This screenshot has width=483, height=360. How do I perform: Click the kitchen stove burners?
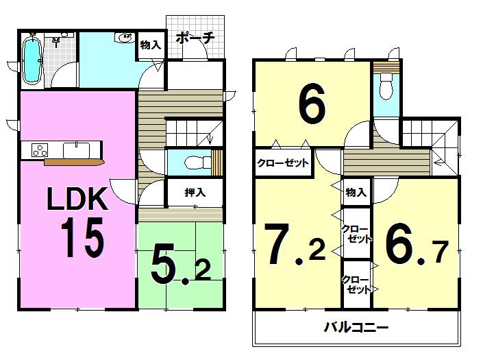[37, 149]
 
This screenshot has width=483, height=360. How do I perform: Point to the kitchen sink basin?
[74, 149]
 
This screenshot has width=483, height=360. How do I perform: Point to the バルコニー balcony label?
[356, 327]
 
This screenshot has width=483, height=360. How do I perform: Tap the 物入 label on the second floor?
[355, 193]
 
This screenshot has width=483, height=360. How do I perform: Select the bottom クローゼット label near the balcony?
[356, 283]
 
